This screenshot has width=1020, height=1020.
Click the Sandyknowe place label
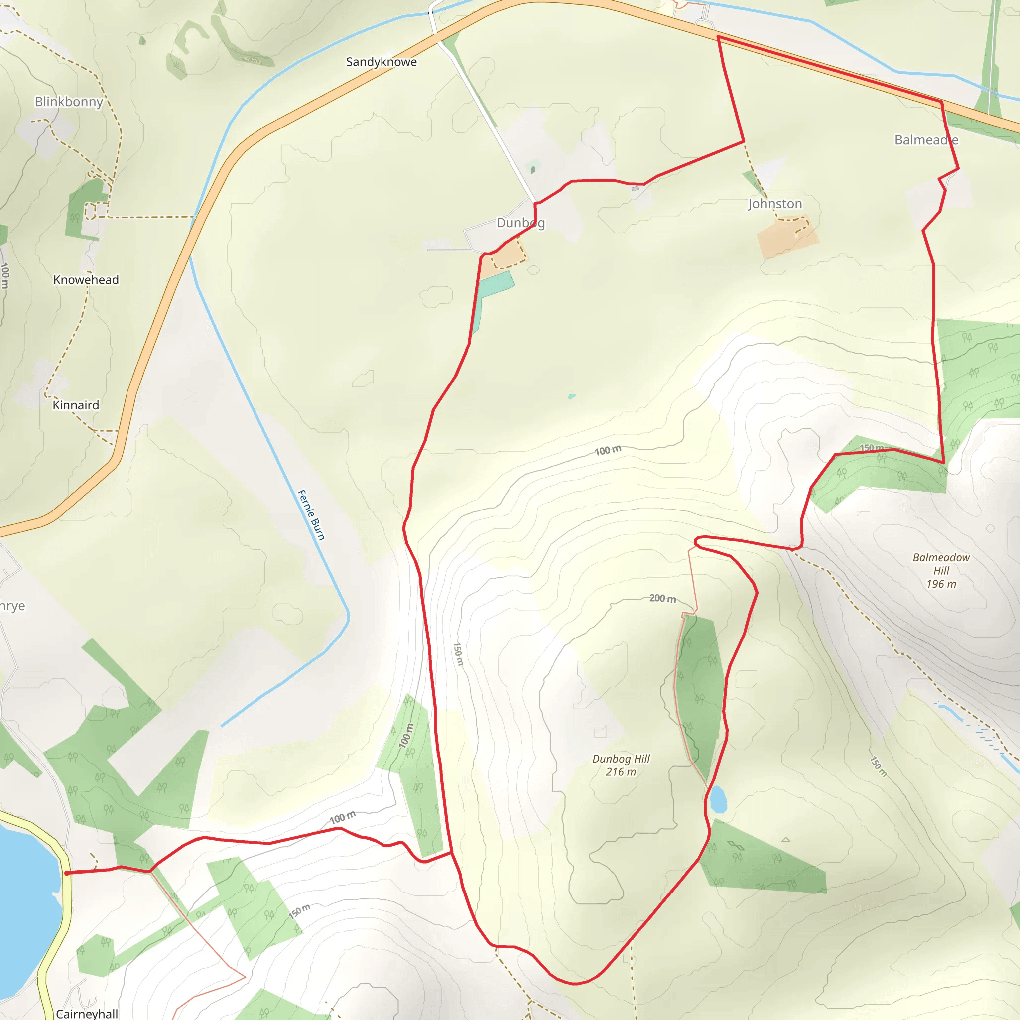click(381, 62)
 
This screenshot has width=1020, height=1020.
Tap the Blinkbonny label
click(69, 102)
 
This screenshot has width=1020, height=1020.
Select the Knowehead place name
click(86, 280)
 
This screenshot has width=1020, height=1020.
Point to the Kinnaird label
click(76, 405)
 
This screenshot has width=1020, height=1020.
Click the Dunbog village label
click(520, 223)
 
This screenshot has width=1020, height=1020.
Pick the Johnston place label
click(774, 204)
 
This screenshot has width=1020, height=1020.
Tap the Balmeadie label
click(926, 140)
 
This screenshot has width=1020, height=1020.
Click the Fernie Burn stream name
click(311, 515)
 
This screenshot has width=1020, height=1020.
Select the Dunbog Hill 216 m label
click(621, 765)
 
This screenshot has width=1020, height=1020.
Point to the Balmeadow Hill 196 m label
click(941, 571)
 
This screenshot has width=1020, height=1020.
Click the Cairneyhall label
click(87, 1013)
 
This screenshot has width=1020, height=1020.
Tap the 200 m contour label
click(662, 598)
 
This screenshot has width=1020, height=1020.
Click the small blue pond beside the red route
click(718, 799)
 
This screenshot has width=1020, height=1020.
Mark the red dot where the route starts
click(67, 873)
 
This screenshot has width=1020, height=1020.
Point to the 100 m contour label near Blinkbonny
click(5, 275)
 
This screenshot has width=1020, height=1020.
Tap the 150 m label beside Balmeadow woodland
click(871, 448)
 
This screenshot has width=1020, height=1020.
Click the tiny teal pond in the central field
click(572, 396)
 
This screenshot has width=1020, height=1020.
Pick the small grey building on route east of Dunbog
click(635, 188)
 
